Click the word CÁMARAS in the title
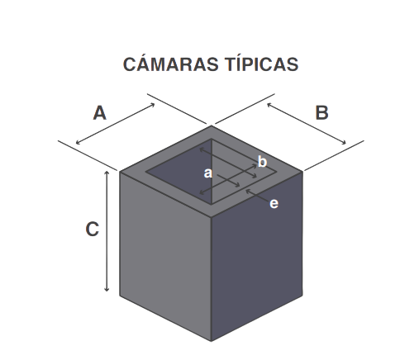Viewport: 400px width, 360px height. [x=170, y=64]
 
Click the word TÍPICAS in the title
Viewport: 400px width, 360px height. [x=262, y=64]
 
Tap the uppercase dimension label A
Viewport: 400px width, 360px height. [x=100, y=113]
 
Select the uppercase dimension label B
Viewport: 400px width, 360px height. [x=321, y=113]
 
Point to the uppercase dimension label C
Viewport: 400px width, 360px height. [x=93, y=230]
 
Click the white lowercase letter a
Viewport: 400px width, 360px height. [x=208, y=173]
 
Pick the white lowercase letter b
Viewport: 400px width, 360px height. [x=262, y=161]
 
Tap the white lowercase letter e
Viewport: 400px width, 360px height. [x=274, y=204]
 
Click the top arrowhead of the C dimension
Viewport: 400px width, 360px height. [x=107, y=172]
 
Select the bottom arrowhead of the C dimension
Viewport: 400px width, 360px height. [x=107, y=291]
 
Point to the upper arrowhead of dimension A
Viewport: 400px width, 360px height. [x=153, y=104]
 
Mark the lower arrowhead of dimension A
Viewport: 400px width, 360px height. [x=77, y=143]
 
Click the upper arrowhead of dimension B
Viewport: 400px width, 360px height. [x=269, y=104]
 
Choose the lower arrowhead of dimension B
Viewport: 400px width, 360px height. [x=345, y=143]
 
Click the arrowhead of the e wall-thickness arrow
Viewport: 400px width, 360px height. [x=247, y=191]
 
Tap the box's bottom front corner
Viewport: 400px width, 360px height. [x=212, y=341]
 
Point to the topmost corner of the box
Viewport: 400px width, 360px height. [x=212, y=126]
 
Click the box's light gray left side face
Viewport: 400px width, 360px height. [x=165, y=256]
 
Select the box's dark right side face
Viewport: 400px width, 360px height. [x=257, y=256]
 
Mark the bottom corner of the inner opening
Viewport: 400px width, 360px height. [x=212, y=205]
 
